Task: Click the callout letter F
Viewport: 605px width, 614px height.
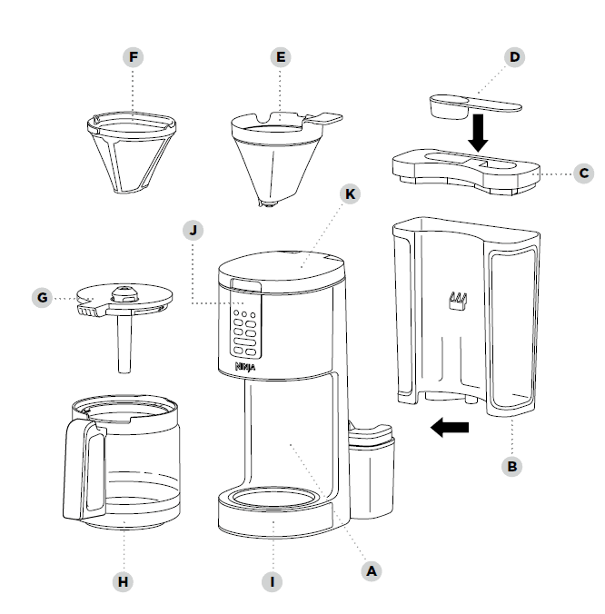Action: tap(134, 57)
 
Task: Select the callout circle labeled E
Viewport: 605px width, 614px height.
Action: tap(281, 57)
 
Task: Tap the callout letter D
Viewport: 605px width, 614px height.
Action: tap(515, 57)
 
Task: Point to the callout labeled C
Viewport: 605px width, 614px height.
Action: tap(584, 172)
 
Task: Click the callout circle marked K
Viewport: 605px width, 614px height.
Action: tap(348, 194)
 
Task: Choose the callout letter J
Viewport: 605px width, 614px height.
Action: tap(193, 229)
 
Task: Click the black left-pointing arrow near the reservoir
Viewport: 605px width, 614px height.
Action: tap(450, 427)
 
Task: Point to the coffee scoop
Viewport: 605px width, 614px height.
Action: tap(472, 103)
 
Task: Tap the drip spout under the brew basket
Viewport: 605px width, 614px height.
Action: tap(268, 204)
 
